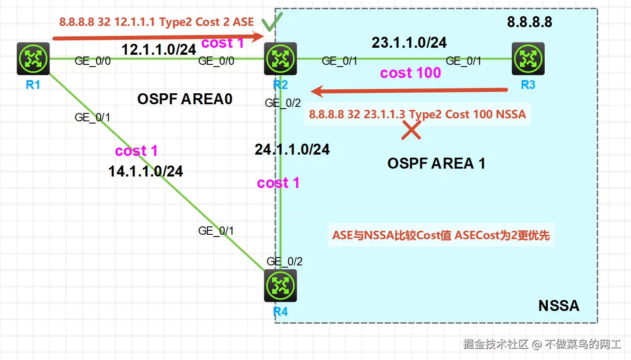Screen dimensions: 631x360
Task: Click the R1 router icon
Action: tap(33, 59)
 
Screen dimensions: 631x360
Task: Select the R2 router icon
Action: tap(280, 59)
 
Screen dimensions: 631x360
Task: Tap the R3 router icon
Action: tap(528, 59)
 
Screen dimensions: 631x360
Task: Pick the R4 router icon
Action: tap(280, 286)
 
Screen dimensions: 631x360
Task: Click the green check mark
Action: tap(271, 21)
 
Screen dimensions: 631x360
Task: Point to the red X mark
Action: tap(411, 130)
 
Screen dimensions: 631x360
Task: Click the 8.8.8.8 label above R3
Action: tap(530, 22)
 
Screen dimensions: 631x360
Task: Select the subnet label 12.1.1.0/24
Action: tap(159, 49)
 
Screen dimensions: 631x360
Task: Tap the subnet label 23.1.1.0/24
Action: tap(409, 42)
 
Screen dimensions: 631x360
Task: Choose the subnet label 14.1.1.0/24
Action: tap(145, 171)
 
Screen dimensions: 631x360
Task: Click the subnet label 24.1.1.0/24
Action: tap(292, 149)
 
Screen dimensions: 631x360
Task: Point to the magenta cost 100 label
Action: tap(411, 73)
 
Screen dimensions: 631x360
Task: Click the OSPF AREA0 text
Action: tap(185, 99)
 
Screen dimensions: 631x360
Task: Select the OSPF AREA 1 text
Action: tap(436, 163)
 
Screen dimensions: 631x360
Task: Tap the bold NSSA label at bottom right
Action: tap(559, 306)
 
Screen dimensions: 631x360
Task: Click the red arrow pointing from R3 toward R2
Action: tap(409, 91)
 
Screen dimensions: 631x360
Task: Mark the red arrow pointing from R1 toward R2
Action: tap(158, 37)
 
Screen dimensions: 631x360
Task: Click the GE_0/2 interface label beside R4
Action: tap(284, 261)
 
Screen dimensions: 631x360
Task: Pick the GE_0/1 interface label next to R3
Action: tap(464, 61)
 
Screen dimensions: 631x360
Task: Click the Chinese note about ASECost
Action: tap(441, 235)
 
